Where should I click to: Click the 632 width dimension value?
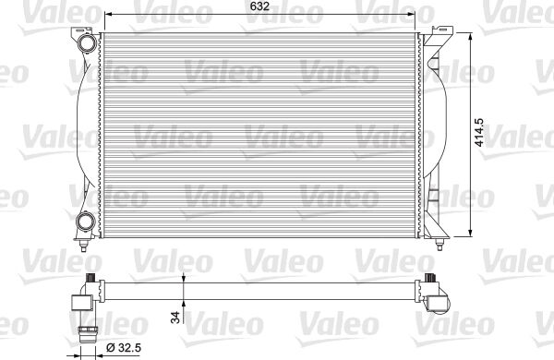click(259, 6)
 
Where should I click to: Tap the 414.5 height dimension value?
click(478, 133)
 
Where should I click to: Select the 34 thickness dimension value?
click(175, 317)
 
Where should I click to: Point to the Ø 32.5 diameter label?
click(124, 348)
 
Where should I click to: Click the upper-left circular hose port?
click(87, 42)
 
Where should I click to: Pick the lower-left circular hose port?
click(86, 222)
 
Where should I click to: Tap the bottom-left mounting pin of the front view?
click(83, 245)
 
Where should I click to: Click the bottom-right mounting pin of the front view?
click(440, 244)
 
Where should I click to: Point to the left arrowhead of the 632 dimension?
click(109, 14)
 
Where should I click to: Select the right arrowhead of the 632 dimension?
click(411, 14)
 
